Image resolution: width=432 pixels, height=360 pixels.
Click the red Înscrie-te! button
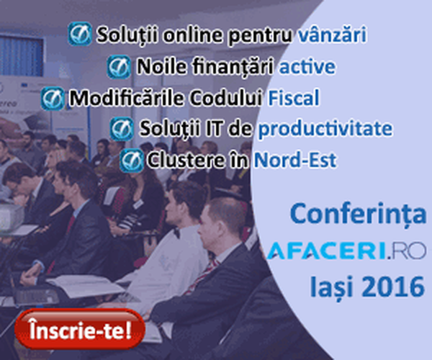pos(80,328)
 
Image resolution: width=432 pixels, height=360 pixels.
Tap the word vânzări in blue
pos(332,35)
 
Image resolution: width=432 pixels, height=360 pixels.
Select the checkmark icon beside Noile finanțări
pos(119,67)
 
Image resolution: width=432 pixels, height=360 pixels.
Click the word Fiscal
pos(294,97)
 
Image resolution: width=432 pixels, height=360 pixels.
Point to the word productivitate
pos(325,129)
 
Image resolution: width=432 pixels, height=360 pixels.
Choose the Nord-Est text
pos(295,160)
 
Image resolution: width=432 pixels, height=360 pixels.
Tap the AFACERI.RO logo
pos(346,251)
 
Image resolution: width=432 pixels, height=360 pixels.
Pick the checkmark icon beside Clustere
pos(132,161)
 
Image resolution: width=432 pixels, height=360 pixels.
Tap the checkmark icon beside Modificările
pos(53,99)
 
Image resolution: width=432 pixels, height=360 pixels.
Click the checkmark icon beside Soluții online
pos(80,34)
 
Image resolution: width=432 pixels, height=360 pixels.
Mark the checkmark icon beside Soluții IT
pos(122,129)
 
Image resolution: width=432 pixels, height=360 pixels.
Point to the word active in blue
pos(307,67)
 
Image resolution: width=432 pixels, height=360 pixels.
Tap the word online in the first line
pos(192,35)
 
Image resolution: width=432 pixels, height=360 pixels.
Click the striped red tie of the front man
pos(202,276)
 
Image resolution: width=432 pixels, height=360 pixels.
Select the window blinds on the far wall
pos(22,55)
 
